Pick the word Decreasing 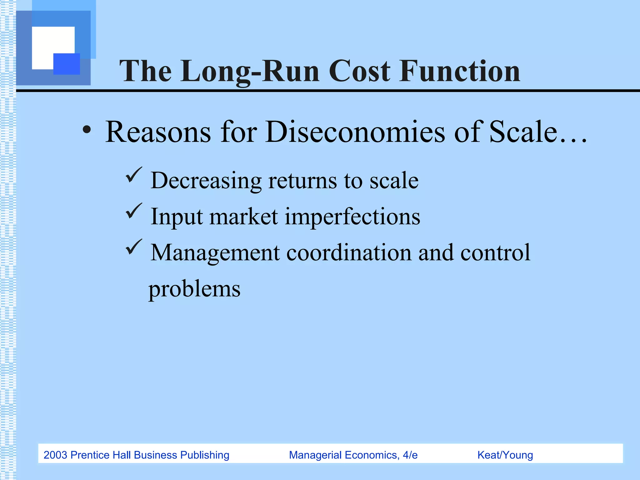pos(206,181)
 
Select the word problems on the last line pos(194,289)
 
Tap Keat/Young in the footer pos(505,455)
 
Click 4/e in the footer pos(410,455)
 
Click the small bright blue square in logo pos(67,64)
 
